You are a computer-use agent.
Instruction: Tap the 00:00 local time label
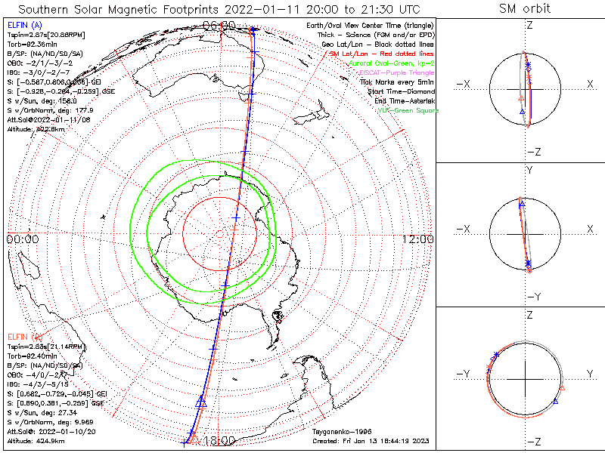pyautogui.click(x=22, y=239)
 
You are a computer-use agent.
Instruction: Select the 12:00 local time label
pyautogui.click(x=418, y=239)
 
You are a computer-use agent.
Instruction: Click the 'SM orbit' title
pyautogui.click(x=525, y=9)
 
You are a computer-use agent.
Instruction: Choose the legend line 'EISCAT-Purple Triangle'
pyautogui.click(x=395, y=73)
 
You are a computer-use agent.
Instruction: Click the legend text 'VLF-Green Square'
pyautogui.click(x=407, y=111)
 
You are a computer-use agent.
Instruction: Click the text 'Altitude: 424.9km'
pyautogui.click(x=36, y=437)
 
